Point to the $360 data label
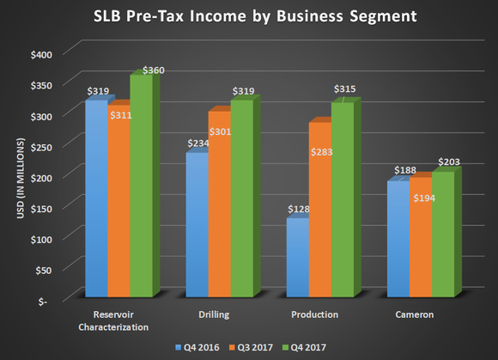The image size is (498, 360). (x=152, y=69)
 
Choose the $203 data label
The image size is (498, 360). (x=449, y=161)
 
